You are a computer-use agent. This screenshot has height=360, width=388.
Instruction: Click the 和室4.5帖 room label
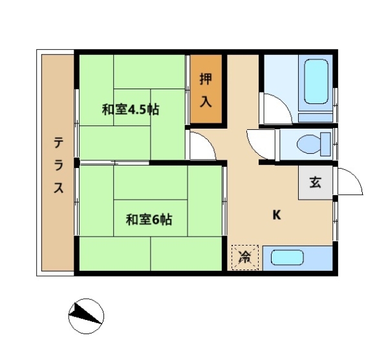click(131, 110)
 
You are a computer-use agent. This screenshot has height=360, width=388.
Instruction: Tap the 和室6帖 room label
click(149, 220)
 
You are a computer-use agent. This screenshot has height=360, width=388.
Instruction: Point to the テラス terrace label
click(59, 165)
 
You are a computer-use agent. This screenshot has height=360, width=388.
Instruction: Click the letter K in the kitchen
click(277, 215)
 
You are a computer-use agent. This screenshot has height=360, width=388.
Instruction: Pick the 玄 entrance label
click(316, 182)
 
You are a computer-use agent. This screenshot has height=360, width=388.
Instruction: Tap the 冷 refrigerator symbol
click(244, 257)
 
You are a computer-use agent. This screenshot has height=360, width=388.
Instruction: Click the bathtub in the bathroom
click(316, 81)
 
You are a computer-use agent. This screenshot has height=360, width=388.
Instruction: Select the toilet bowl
click(309, 144)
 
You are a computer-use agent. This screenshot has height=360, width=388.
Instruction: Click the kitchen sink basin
click(287, 258)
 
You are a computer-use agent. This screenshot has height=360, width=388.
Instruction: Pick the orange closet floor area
click(206, 89)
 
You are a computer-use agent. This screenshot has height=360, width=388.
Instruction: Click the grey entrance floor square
click(316, 182)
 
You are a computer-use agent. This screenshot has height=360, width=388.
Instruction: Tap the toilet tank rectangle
click(325, 144)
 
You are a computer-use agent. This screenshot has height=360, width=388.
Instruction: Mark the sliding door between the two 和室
click(114, 163)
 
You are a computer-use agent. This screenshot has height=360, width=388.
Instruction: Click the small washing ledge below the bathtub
click(316, 118)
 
